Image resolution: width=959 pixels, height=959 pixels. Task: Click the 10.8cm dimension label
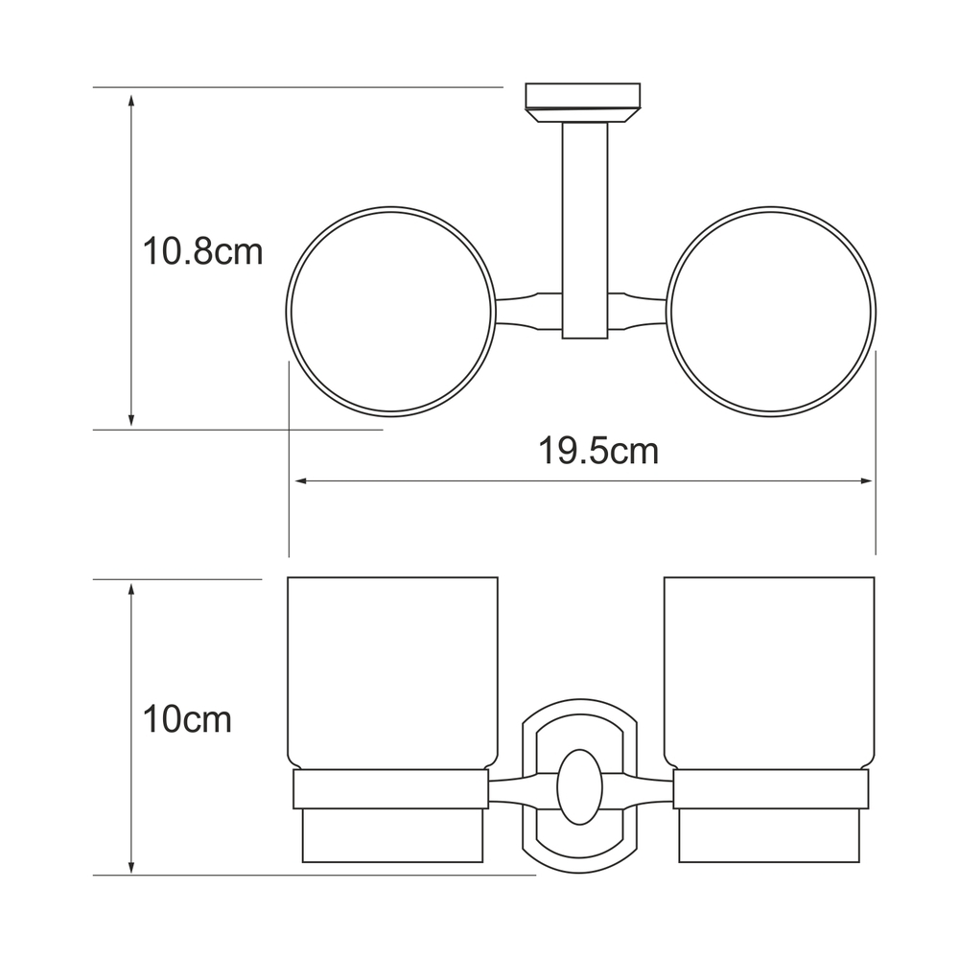point(202,251)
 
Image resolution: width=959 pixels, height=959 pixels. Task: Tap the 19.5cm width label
point(598,452)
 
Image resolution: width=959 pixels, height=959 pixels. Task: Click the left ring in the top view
point(288,312)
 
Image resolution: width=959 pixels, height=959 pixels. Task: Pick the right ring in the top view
point(875,312)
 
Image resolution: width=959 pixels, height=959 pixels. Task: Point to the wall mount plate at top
point(583,103)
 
